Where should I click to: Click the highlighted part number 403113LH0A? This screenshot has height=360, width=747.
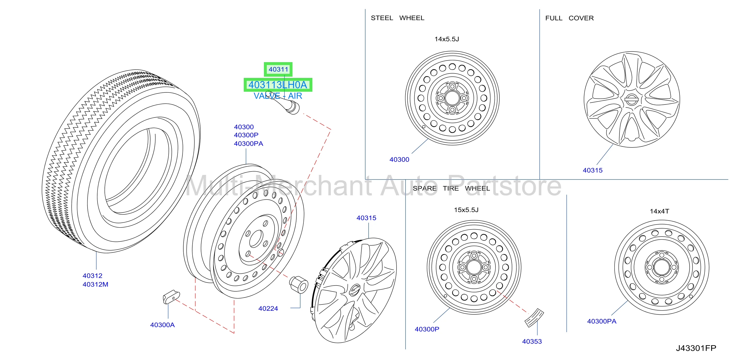pyautogui.click(x=277, y=85)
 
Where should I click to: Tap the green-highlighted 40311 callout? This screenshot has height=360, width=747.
pyautogui.click(x=278, y=69)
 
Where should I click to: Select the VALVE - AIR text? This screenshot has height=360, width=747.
pyautogui.click(x=278, y=96)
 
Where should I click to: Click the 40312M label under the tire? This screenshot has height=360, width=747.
pyautogui.click(x=95, y=284)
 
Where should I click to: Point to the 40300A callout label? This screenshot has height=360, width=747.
pyautogui.click(x=162, y=325)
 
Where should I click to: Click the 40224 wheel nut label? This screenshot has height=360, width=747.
pyautogui.click(x=268, y=308)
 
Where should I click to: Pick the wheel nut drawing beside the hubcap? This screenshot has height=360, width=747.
pyautogui.click(x=299, y=284)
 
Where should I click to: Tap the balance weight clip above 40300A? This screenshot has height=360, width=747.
pyautogui.click(x=171, y=297)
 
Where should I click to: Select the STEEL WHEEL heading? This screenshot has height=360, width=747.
pyautogui.click(x=397, y=18)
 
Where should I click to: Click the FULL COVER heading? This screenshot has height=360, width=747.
pyautogui.click(x=569, y=18)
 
